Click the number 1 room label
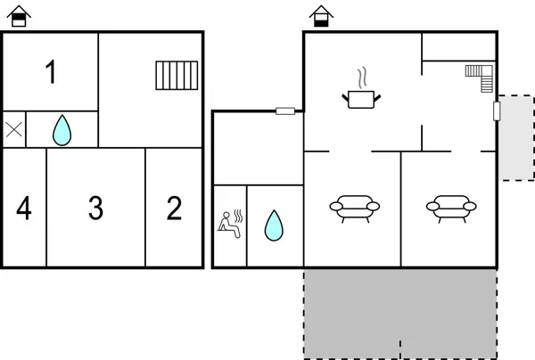(x=51, y=72)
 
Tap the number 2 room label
(x=174, y=209)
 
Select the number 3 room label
(x=95, y=209)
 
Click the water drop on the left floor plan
(x=61, y=130)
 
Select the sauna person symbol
(x=229, y=224)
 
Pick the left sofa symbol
(x=354, y=207)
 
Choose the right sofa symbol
(x=450, y=207)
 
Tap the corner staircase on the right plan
(x=481, y=78)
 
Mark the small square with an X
(x=13, y=129)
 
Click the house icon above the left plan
(x=20, y=15)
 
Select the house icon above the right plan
(x=320, y=15)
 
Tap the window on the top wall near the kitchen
(x=285, y=110)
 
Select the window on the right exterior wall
(x=497, y=111)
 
